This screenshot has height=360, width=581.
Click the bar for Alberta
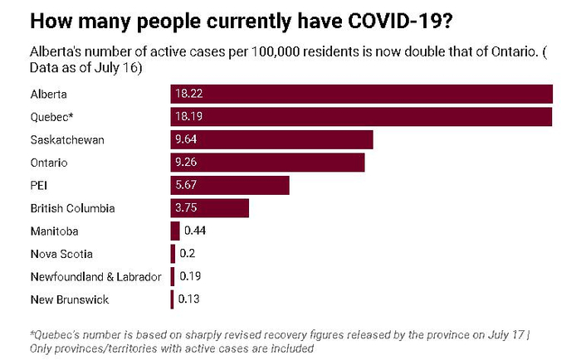tap(362, 94)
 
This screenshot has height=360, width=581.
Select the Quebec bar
tap(362, 117)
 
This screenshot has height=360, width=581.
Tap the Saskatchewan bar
tap(272, 139)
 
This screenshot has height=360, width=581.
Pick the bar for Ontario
tap(268, 162)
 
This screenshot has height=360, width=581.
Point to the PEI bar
tap(230, 185)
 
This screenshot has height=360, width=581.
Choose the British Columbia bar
tap(210, 207)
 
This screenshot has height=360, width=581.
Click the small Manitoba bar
tap(175, 231)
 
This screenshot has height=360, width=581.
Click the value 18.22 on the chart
tap(187, 95)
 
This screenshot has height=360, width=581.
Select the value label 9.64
tap(185, 139)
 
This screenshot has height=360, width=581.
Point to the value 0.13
tap(189, 299)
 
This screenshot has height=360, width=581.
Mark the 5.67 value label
tap(185, 185)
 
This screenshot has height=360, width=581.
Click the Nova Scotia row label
tap(61, 254)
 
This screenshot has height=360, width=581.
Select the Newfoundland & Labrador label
tap(95, 276)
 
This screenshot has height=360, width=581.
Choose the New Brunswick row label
tap(69, 299)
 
